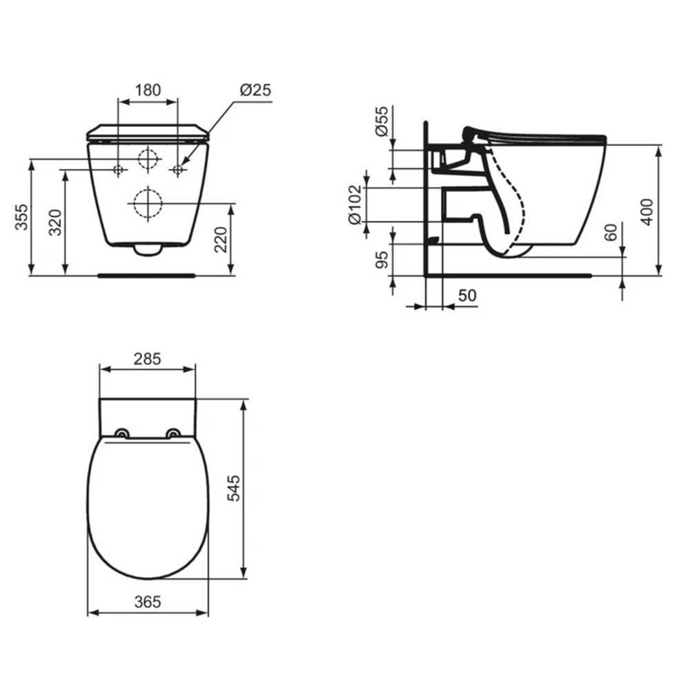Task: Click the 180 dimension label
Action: pyautogui.click(x=148, y=90)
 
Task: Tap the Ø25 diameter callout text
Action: pyautogui.click(x=255, y=90)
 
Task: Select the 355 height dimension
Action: pyautogui.click(x=21, y=217)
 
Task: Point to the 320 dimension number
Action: pyautogui.click(x=55, y=223)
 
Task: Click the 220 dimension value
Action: pyautogui.click(x=221, y=239)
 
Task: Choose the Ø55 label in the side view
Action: pyautogui.click(x=382, y=121)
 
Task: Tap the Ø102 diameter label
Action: pyautogui.click(x=355, y=205)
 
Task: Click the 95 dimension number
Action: pyautogui.click(x=382, y=259)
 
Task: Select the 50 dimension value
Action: pyautogui.click(x=467, y=296)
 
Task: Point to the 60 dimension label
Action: pyautogui.click(x=611, y=232)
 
